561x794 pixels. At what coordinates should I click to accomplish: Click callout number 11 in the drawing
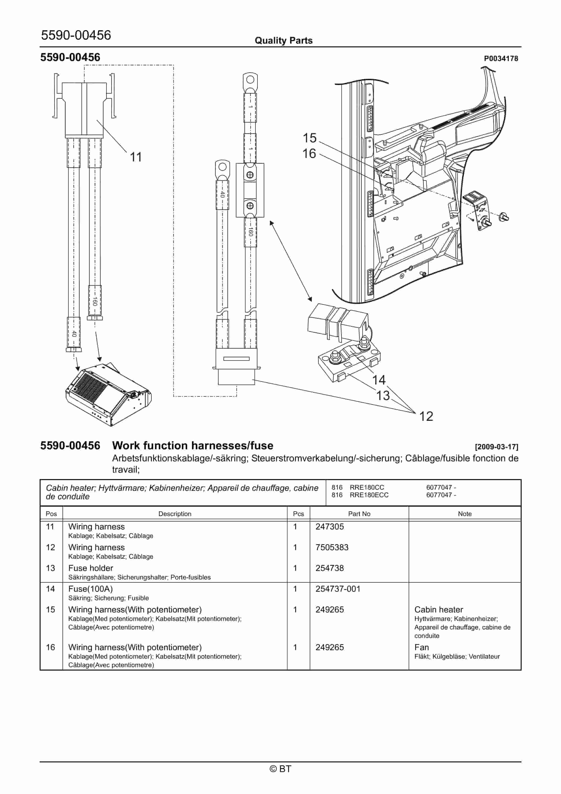136,157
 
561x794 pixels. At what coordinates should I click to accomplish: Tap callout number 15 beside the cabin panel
309,138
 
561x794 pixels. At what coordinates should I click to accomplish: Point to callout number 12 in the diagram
426,416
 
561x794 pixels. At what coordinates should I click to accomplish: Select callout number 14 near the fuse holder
379,380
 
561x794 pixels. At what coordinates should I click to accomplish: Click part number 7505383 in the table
332,547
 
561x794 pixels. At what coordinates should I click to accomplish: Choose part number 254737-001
338,589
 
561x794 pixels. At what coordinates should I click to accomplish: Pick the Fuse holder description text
91,568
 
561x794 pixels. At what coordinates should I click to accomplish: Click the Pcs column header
298,514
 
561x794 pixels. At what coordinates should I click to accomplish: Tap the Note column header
465,514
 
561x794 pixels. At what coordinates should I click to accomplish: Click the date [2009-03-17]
497,447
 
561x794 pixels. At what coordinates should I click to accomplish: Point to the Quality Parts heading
283,41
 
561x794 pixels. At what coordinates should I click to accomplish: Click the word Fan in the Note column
421,647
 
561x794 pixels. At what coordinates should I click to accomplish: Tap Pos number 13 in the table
50,568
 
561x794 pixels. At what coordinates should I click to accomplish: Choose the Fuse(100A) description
90,589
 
